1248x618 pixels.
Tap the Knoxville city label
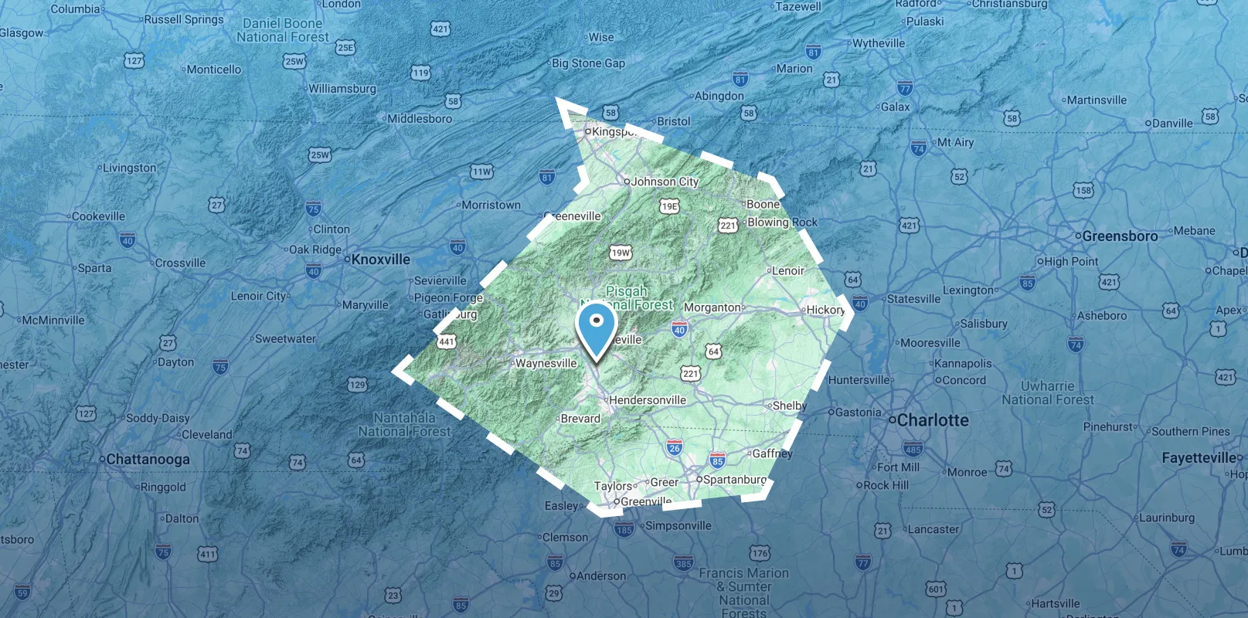[x=380, y=260]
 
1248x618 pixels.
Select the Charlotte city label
[x=933, y=420]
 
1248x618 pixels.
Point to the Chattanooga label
[x=148, y=459]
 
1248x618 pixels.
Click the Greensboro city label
[x=1120, y=236]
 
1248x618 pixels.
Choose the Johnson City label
[x=665, y=182]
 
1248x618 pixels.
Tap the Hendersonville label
[x=647, y=400]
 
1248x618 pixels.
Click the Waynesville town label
[x=546, y=363]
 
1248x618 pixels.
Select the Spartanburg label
[x=734, y=479]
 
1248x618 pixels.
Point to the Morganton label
[x=712, y=307]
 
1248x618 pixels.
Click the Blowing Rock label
[x=782, y=222]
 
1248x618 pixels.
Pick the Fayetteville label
[x=1199, y=458]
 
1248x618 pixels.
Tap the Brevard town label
[x=580, y=419]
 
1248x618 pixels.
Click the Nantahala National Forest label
[x=404, y=425]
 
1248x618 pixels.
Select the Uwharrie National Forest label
[x=1048, y=392]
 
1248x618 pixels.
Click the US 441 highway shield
[x=447, y=341]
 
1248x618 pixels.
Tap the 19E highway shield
[x=669, y=206]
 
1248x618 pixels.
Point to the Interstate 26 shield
[x=675, y=448]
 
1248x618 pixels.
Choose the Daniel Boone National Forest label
[x=283, y=30]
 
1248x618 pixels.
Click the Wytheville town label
[x=879, y=43]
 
